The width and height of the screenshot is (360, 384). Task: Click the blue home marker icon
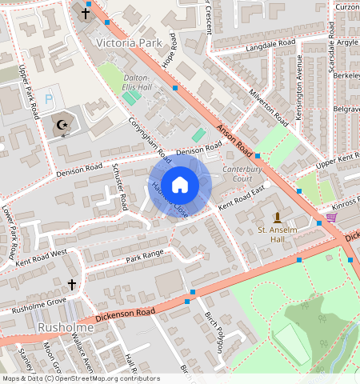(180, 185)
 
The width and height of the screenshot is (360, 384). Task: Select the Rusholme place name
(67, 329)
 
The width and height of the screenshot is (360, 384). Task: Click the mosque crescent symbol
(61, 125)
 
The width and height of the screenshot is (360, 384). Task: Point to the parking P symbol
(49, 98)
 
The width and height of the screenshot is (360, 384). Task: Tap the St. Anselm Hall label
(277, 234)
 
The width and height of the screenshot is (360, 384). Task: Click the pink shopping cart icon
(331, 217)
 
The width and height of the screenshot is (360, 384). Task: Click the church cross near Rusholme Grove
(71, 284)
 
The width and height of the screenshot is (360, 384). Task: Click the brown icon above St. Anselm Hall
(278, 218)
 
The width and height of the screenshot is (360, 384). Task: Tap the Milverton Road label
(267, 105)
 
